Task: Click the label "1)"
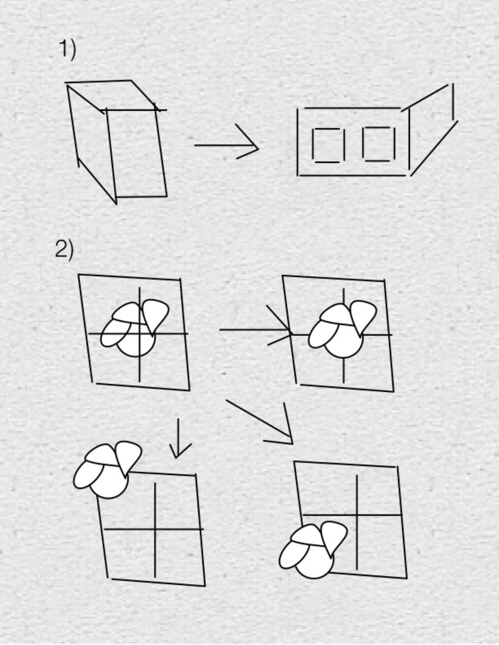[67, 50]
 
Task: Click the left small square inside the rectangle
[328, 146]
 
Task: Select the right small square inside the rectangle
[379, 144]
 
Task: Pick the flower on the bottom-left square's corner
[108, 469]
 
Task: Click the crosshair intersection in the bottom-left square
[155, 529]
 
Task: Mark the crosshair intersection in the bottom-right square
[357, 515]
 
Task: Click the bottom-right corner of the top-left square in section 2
[190, 391]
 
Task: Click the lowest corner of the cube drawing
[117, 204]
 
